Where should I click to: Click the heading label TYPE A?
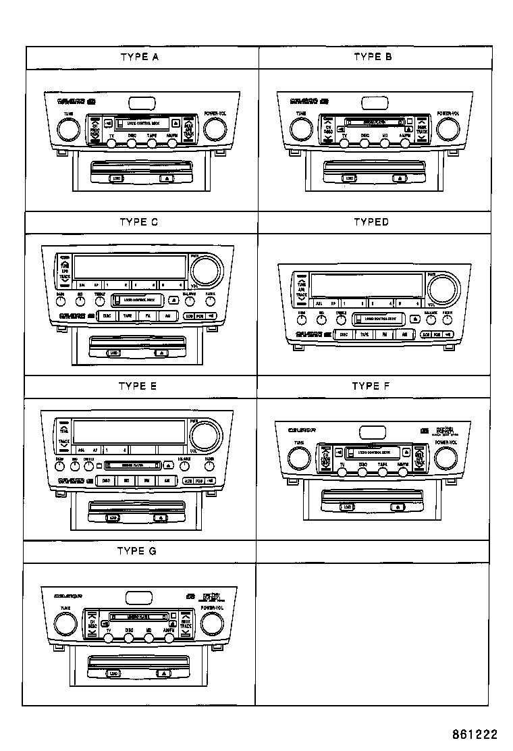(140, 57)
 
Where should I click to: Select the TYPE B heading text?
(373, 57)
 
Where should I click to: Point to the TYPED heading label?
(371, 222)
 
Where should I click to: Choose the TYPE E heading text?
(138, 386)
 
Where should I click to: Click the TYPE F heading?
(371, 386)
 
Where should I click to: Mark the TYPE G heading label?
(137, 551)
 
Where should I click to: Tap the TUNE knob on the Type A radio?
(68, 128)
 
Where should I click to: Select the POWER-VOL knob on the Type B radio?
(446, 128)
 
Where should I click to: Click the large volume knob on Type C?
(206, 271)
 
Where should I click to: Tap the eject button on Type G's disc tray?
(163, 673)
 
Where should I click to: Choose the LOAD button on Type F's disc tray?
(347, 506)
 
